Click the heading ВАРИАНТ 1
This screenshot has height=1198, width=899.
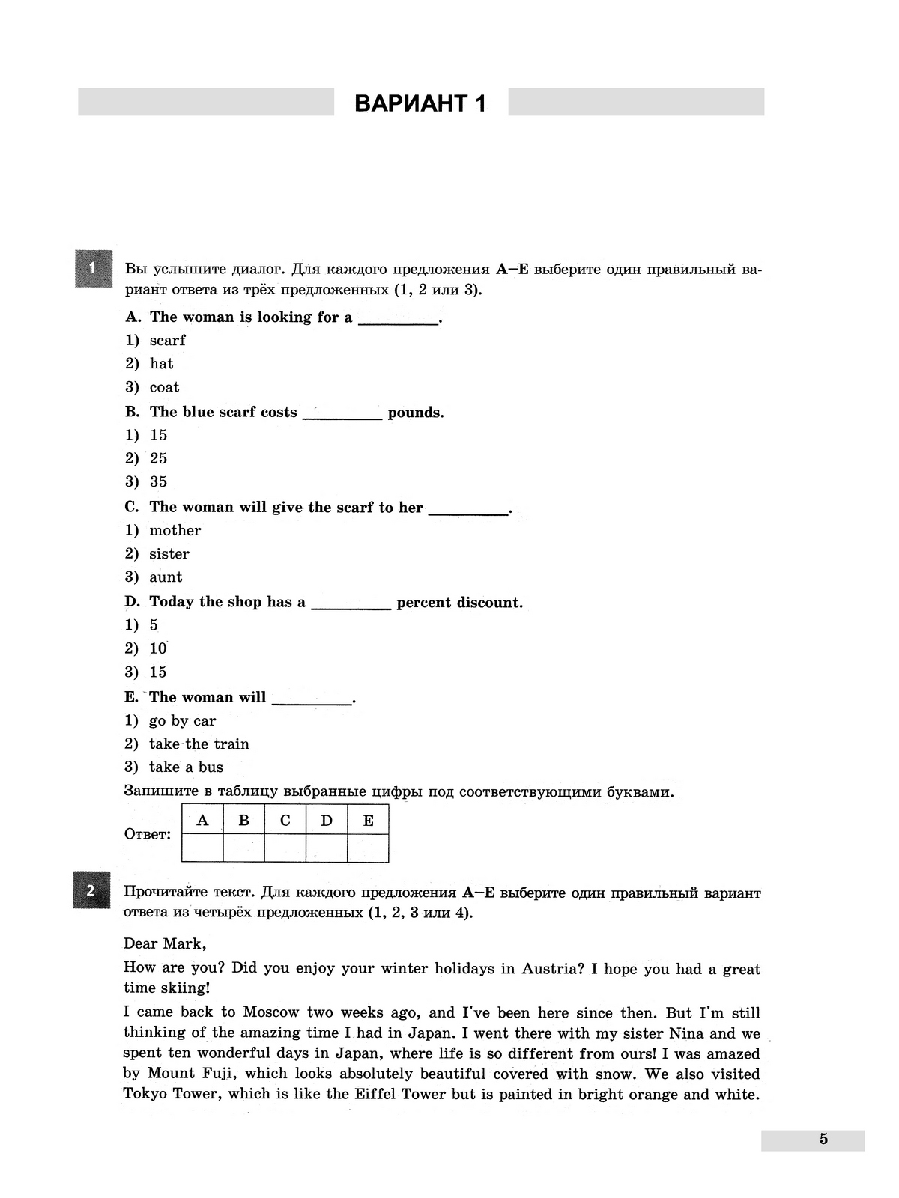pos(420,103)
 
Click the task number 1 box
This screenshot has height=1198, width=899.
pos(93,268)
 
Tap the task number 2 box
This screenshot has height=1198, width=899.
pos(91,890)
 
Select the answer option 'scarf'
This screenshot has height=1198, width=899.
pos(167,341)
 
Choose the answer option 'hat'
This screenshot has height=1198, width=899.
pos(161,364)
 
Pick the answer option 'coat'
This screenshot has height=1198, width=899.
pos(164,387)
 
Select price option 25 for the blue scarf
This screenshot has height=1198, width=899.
pos(158,458)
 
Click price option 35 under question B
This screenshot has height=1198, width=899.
pos(158,481)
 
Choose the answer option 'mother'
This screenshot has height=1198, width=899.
pos(175,530)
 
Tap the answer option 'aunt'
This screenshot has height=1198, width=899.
pos(166,577)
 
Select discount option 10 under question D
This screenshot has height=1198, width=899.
pos(157,648)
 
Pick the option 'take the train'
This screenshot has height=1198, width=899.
pos(199,744)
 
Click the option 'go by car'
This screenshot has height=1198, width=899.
pos(182,720)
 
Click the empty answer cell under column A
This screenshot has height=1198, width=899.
pos(202,848)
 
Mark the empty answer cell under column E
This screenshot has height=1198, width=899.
pos(368,848)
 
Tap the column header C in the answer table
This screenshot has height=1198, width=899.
pos(285,821)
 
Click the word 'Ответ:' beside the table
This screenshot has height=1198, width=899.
pos(147,834)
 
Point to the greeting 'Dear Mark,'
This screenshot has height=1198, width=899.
pos(164,943)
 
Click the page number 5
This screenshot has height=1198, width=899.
pos(823,1139)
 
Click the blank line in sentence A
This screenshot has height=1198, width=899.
pos(398,319)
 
